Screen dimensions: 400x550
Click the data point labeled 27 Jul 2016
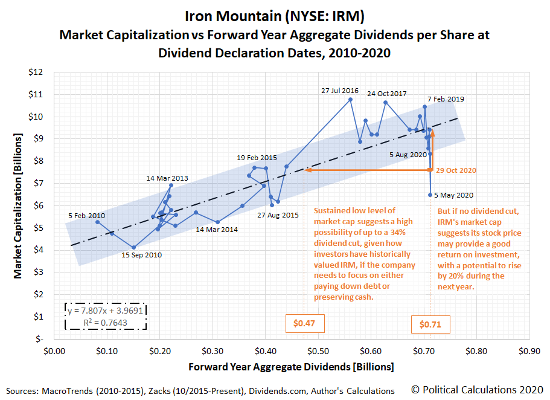(x=350, y=99)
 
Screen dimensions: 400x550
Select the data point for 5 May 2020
(x=430, y=195)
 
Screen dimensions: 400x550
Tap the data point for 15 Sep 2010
(x=133, y=247)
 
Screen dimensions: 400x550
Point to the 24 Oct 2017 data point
(x=385, y=102)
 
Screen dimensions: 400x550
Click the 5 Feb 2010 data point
(x=97, y=222)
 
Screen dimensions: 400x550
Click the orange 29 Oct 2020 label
(x=456, y=170)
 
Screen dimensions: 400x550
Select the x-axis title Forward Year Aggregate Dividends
(x=291, y=367)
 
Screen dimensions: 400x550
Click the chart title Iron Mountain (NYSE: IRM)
(x=275, y=15)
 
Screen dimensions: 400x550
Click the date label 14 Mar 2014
(x=217, y=230)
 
